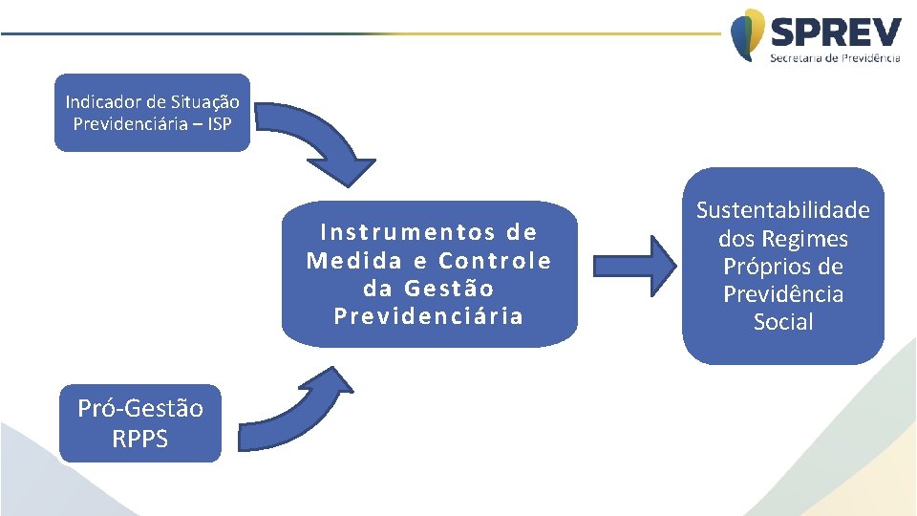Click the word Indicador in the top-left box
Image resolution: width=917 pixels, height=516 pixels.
pyautogui.click(x=95, y=101)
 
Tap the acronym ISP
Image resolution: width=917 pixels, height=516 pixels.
pyautogui.click(x=218, y=123)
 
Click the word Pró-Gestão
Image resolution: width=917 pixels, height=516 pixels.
pyautogui.click(x=140, y=408)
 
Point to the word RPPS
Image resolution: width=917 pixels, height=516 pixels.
pyautogui.click(x=140, y=439)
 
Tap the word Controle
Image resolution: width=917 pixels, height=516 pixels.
pyautogui.click(x=495, y=261)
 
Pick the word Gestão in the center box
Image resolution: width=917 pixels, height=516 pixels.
pyautogui.click(x=449, y=289)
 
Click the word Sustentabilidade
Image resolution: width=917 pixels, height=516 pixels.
pyautogui.click(x=783, y=210)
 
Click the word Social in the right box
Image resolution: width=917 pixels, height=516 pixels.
pyautogui.click(x=783, y=322)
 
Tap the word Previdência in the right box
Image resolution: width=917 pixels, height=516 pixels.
pyautogui.click(x=783, y=294)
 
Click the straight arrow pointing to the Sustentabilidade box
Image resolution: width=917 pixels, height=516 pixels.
pyautogui.click(x=632, y=263)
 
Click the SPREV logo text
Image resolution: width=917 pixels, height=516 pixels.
pyautogui.click(x=835, y=33)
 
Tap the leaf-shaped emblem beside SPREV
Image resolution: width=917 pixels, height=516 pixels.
pyautogui.click(x=748, y=34)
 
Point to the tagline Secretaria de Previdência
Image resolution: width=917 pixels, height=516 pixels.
pyautogui.click(x=835, y=58)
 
